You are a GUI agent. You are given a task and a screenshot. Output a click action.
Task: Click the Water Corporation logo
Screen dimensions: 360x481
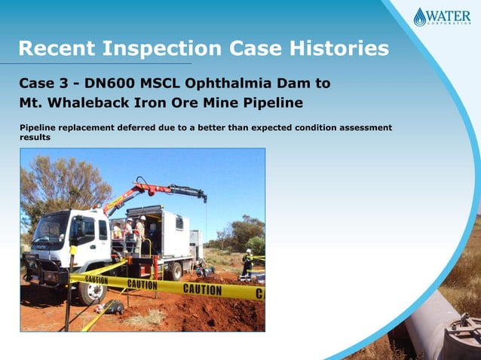point(442,17)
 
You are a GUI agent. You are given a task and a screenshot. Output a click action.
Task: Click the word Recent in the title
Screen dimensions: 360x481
point(57,49)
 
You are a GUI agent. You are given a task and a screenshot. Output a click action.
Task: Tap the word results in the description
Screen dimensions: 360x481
point(35,138)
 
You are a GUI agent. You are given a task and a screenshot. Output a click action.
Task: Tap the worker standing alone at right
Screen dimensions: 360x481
point(247,263)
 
